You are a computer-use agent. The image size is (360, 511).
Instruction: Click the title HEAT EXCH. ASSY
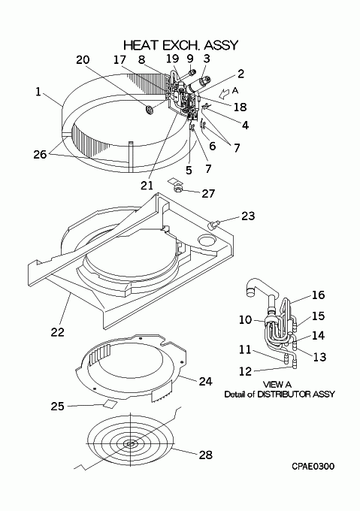coord(181,45)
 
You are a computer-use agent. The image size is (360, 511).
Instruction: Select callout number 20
coord(83,59)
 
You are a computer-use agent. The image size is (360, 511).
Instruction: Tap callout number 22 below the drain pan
coord(57,332)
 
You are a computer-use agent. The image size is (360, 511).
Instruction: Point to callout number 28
coord(206,455)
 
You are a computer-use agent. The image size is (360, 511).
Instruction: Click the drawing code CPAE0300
coord(313,467)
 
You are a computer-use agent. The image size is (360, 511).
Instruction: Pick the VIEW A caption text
coord(277,385)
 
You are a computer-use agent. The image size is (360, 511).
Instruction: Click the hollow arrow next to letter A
coord(224,93)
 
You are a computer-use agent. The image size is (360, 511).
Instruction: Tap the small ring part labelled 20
coord(150,110)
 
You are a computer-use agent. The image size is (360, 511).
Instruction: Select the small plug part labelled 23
coord(213,225)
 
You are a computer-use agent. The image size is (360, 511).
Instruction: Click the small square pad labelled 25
coord(110,404)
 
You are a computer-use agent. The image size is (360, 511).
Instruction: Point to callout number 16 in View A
coord(319,295)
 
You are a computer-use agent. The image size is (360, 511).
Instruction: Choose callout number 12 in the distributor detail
coord(245,371)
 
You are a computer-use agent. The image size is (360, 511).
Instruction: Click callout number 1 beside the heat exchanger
coord(38,92)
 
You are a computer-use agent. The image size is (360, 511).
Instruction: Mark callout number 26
coord(40,154)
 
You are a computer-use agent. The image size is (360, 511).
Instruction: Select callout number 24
coord(205,381)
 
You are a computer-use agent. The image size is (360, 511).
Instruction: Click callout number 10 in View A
coord(245,319)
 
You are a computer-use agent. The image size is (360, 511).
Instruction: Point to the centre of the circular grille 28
coord(131,443)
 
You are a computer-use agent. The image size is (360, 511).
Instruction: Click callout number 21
coord(147,186)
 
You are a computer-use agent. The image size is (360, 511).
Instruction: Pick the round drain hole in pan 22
coord(207,240)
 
